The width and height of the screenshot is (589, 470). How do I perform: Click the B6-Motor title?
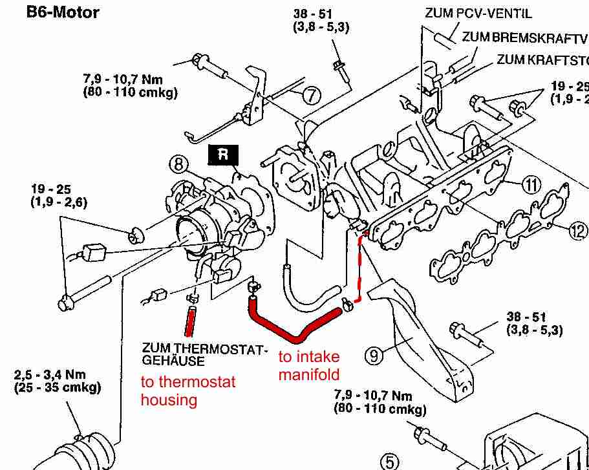(62, 12)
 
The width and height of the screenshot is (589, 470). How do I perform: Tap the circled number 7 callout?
(311, 96)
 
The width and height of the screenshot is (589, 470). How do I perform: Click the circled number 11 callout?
(531, 186)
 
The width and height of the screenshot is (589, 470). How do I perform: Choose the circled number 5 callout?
(389, 461)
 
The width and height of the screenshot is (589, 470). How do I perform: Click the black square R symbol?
(222, 154)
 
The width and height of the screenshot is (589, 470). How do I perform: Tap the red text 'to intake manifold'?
(308, 365)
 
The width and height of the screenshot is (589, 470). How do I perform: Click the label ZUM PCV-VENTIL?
(478, 13)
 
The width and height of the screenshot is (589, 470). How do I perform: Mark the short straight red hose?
(190, 321)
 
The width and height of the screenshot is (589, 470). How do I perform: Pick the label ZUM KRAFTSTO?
(542, 60)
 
